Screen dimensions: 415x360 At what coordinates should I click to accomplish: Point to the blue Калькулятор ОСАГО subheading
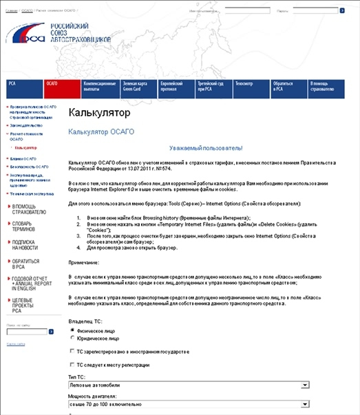click(x=100, y=131)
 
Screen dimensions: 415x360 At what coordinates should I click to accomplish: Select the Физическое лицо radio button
click(x=73, y=330)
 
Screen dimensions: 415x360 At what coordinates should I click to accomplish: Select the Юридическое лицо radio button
click(x=73, y=337)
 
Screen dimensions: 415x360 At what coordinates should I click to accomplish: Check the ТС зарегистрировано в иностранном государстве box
click(x=73, y=351)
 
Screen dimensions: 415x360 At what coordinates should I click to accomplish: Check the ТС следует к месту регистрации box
click(x=73, y=365)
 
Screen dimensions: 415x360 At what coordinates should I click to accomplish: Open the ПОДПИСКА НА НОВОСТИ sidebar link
click(x=25, y=246)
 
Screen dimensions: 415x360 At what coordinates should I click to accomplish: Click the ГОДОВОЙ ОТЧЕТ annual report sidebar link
click(x=30, y=283)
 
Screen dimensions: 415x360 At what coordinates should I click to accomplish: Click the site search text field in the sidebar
click(x=25, y=331)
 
